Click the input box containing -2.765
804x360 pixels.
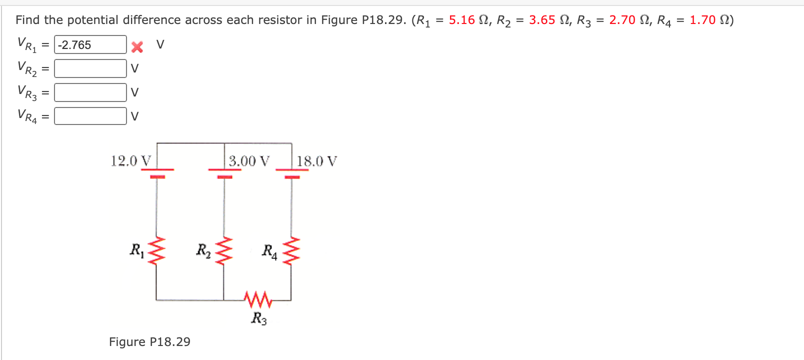click(90, 44)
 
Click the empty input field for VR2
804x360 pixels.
click(90, 68)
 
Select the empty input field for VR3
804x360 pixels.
click(90, 92)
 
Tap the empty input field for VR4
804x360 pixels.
click(90, 116)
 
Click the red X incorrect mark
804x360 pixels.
click(137, 47)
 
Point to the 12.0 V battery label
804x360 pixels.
click(130, 161)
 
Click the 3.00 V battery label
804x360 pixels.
click(249, 161)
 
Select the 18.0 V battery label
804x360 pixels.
click(316, 161)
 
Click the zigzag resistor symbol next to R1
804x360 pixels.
click(157, 250)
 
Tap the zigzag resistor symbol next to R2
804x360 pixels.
click(224, 250)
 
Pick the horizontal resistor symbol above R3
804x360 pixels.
click(258, 299)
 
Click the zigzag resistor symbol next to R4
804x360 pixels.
click(291, 250)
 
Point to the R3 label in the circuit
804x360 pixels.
click(259, 318)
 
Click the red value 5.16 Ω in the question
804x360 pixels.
click(468, 20)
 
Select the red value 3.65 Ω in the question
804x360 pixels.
click(548, 20)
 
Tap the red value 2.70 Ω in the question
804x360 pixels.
click(628, 20)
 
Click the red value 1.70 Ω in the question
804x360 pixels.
click(709, 20)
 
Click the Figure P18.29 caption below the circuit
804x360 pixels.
click(149, 342)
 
